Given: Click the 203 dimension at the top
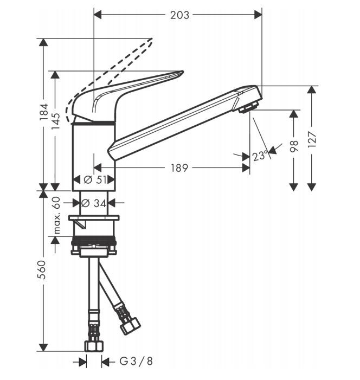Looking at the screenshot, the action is [x=179, y=15].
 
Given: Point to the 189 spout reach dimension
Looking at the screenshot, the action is [x=179, y=168].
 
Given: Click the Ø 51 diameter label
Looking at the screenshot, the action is [x=95, y=179].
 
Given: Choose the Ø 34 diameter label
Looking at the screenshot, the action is [x=94, y=203].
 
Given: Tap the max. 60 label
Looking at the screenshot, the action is [x=56, y=215].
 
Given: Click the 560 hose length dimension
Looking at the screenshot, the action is [x=42, y=269].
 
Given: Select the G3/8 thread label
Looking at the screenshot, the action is [x=136, y=362].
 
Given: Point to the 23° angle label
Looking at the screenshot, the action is [x=260, y=156].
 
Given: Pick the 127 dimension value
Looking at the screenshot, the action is [x=312, y=139].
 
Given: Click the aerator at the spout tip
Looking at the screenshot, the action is [x=248, y=107].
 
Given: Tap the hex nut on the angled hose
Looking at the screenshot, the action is [x=131, y=326].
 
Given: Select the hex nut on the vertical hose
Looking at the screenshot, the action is [x=94, y=346].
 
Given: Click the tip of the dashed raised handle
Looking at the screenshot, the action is [x=152, y=39].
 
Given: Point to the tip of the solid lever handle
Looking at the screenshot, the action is [x=183, y=72].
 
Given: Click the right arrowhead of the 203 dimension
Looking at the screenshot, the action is [x=258, y=15].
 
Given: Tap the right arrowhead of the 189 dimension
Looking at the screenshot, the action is [x=246, y=168].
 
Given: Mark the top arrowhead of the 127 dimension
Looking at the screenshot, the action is [x=312, y=90].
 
